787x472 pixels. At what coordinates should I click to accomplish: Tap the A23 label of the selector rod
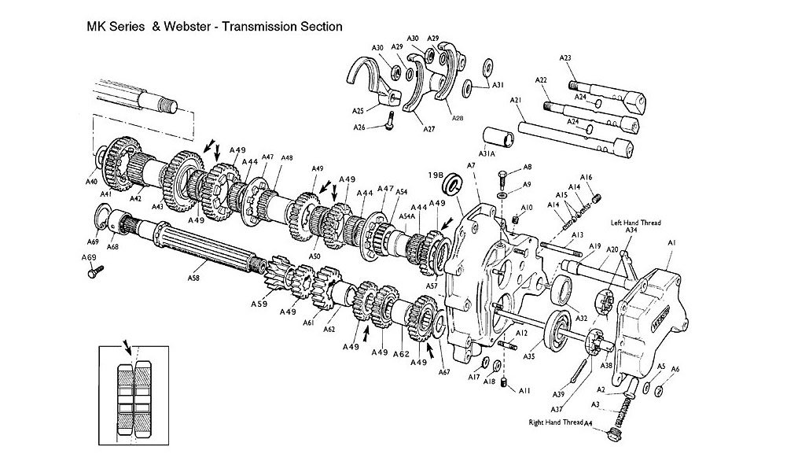coord(565,57)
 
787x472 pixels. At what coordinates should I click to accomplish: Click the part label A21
coord(516,100)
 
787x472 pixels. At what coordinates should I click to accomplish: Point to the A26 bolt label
coord(359,127)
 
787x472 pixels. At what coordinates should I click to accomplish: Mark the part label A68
coord(112,247)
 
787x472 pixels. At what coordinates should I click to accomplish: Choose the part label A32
coord(582,319)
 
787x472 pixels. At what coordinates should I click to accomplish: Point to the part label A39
coord(558,393)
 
